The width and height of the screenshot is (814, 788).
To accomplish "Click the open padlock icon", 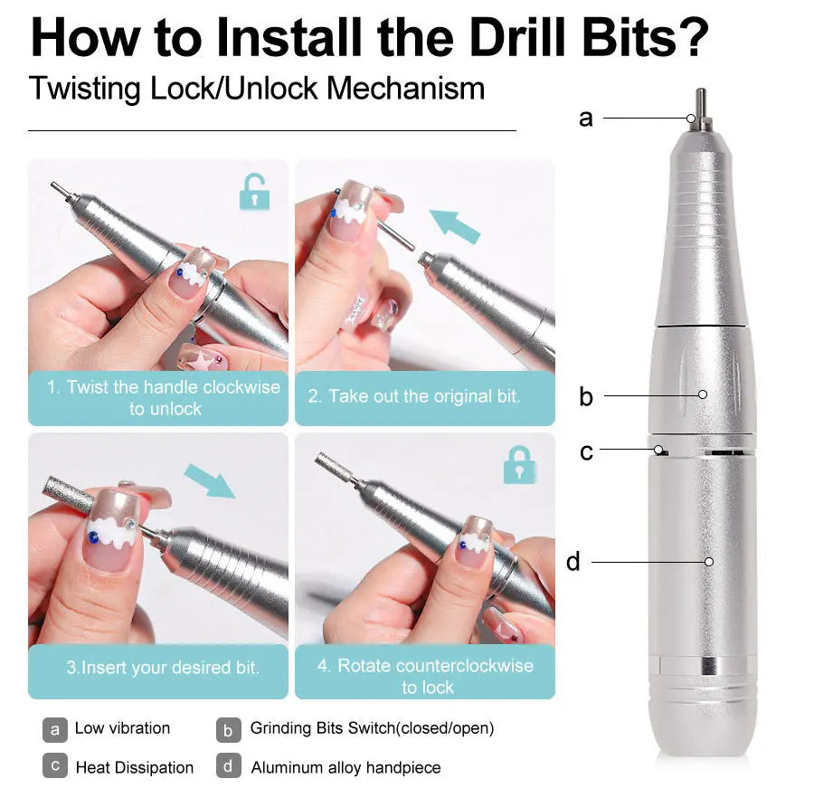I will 254,192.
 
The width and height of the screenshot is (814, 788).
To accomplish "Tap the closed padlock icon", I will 518,464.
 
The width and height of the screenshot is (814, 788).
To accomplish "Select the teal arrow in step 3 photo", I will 210,480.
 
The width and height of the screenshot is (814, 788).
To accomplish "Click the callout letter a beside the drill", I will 586,118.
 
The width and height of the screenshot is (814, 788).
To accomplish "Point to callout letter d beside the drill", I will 573,562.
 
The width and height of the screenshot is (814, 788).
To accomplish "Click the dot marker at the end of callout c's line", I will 662,449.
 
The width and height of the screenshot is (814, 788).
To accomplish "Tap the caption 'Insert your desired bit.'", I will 163,668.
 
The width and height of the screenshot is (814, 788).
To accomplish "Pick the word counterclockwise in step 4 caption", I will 461,666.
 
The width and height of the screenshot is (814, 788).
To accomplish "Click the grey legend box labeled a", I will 55,728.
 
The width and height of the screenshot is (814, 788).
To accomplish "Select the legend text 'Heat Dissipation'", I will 134,767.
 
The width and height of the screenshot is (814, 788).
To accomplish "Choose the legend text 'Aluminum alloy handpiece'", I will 345,767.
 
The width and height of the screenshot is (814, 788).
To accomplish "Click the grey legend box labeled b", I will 229,728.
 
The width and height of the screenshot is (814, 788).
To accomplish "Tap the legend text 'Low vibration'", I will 122,728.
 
